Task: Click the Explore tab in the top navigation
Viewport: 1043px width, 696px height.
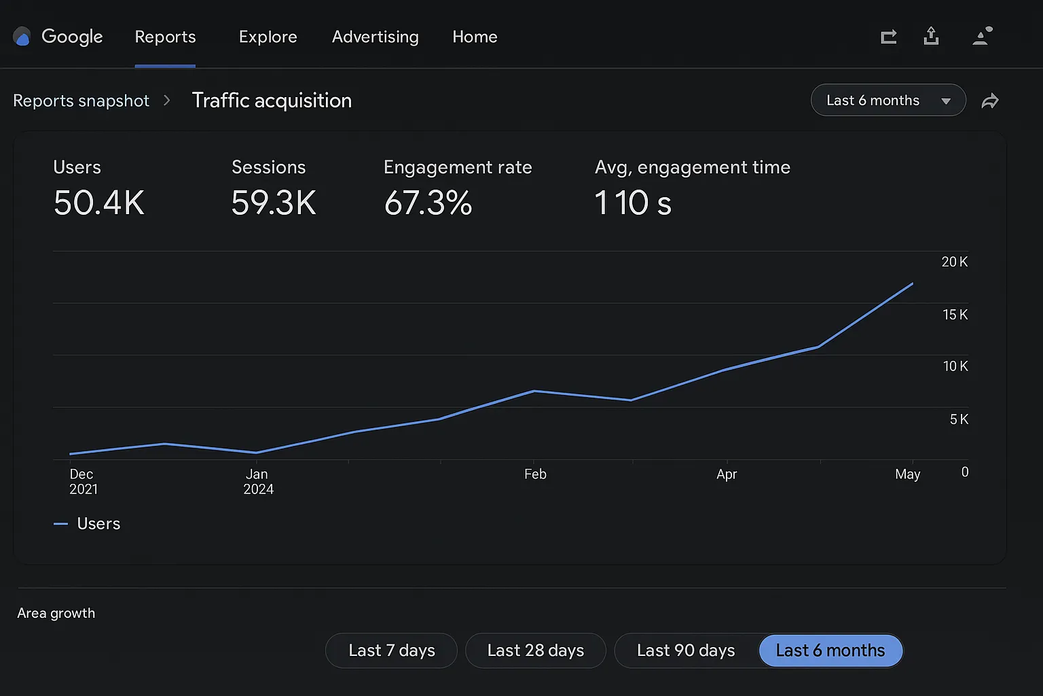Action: pos(268,37)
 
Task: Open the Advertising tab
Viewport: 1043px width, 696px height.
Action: pos(375,37)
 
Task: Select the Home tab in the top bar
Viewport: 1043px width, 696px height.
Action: pos(475,37)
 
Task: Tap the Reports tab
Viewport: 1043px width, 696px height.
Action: pos(165,37)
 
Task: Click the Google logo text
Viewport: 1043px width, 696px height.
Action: pos(72,37)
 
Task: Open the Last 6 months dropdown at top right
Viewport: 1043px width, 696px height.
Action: pos(888,101)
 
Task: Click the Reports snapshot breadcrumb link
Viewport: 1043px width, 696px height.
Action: pos(81,101)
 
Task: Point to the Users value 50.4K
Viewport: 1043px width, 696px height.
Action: pos(99,203)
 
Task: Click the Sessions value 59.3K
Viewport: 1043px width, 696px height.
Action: pos(274,203)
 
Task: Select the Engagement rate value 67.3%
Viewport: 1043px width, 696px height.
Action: pos(428,203)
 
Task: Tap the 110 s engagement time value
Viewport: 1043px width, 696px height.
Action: pos(633,203)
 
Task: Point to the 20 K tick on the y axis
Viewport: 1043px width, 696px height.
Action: pos(954,262)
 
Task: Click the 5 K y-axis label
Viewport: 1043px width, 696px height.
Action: pos(959,419)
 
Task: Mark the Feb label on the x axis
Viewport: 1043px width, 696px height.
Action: pos(535,474)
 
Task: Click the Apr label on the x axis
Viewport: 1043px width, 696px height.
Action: pos(727,474)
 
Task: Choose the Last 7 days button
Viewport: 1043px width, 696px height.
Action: pos(391,650)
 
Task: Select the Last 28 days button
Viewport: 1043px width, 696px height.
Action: pos(535,650)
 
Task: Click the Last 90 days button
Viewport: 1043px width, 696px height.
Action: pos(686,650)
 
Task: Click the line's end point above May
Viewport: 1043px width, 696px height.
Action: pos(912,283)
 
